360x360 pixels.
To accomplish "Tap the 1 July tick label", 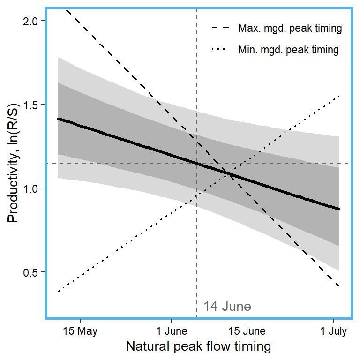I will [333, 331].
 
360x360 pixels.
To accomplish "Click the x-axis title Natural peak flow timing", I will [198, 347].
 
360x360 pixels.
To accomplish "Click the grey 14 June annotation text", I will [227, 307].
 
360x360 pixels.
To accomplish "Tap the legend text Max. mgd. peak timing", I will [290, 29].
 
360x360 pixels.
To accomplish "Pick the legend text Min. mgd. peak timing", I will [288, 50].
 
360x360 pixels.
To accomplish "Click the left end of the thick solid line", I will [58, 119].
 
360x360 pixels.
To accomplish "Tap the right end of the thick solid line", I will [339, 209].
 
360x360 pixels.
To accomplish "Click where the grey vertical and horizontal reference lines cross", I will [196, 163].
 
